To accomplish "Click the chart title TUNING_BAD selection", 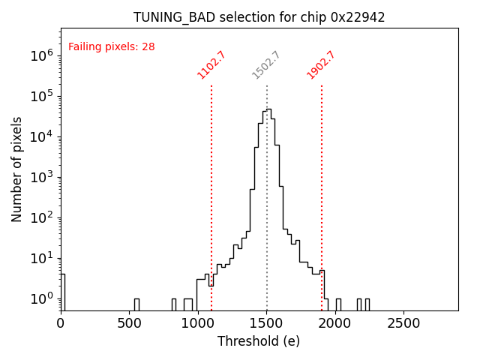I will pyautogui.click(x=259, y=17).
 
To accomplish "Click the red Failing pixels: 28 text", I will pyautogui.click(x=111, y=46).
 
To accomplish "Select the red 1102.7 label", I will pyautogui.click(x=211, y=65).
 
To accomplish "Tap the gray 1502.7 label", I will pyautogui.click(x=266, y=65).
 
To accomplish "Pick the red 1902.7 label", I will pyautogui.click(x=321, y=65).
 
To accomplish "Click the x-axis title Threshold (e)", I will pyautogui.click(x=259, y=341).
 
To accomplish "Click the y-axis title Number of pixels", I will pyautogui.click(x=17, y=169).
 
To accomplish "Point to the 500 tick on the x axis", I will pyautogui.click(x=130, y=323).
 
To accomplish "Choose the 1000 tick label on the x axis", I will pyautogui.click(x=198, y=323).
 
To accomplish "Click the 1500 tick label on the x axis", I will pyautogui.click(x=267, y=323).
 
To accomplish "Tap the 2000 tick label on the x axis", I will pyautogui.click(x=335, y=323).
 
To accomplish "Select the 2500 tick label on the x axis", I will pyautogui.click(x=404, y=323).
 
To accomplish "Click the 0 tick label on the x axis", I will pyautogui.click(x=61, y=323).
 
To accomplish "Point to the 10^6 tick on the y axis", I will pyautogui.click(x=41, y=55).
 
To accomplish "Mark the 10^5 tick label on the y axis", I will pyautogui.click(x=41, y=96).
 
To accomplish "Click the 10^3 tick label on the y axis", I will pyautogui.click(x=41, y=177).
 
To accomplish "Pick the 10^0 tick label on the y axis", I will pyautogui.click(x=41, y=298).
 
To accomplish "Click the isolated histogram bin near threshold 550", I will pyautogui.click(x=136, y=304).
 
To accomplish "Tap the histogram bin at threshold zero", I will pyautogui.click(x=62, y=292).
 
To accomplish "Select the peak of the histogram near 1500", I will pyautogui.click(x=268, y=110).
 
